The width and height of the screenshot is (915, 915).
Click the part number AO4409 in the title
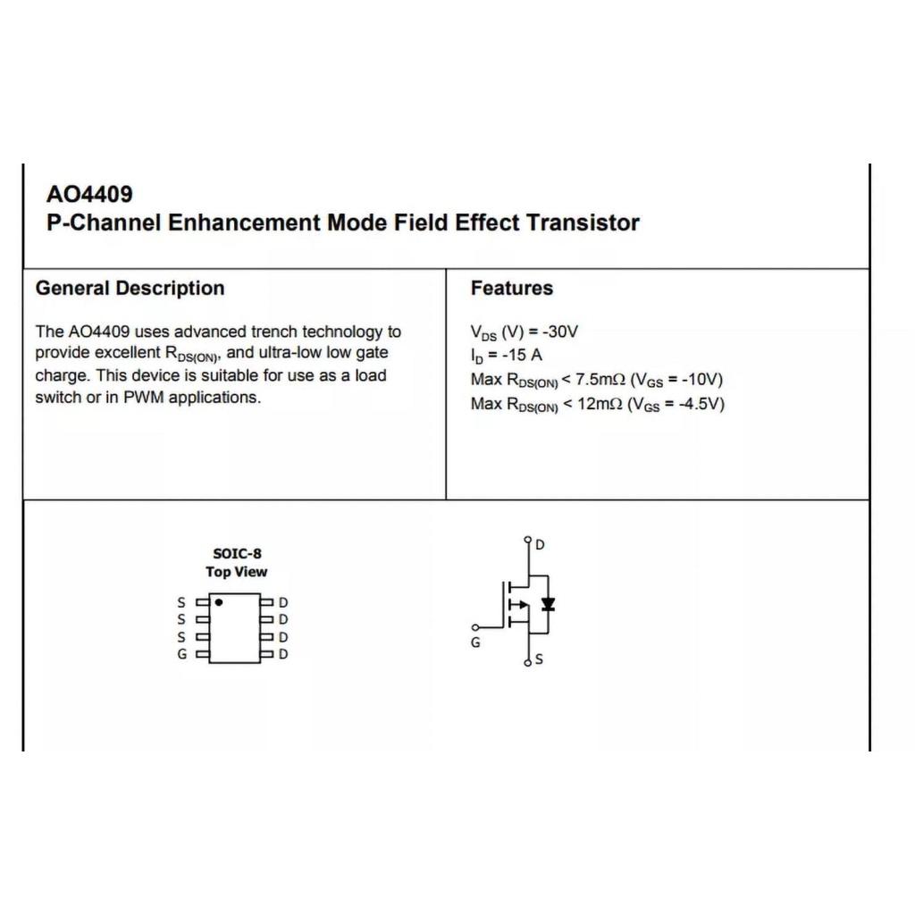pos(89,194)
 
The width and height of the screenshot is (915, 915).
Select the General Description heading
pos(130,289)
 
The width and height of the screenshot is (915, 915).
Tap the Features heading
pos(511,289)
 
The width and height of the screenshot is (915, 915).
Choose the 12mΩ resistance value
pos(596,404)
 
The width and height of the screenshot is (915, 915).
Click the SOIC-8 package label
pos(237,553)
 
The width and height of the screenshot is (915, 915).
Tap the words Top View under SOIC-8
pos(237,572)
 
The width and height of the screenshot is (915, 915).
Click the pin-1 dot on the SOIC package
pos(219,603)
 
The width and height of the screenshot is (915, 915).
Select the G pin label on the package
pos(182,654)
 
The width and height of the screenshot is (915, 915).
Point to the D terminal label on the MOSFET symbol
pos(540,544)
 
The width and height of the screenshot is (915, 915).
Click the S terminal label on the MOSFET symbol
pos(539,660)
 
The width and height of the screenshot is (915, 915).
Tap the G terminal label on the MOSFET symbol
pos(475,642)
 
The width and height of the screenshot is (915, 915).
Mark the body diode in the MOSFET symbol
pos(548,604)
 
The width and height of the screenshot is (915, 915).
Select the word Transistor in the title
pos(583,222)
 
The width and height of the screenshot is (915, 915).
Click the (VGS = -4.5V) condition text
pos(676,404)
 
